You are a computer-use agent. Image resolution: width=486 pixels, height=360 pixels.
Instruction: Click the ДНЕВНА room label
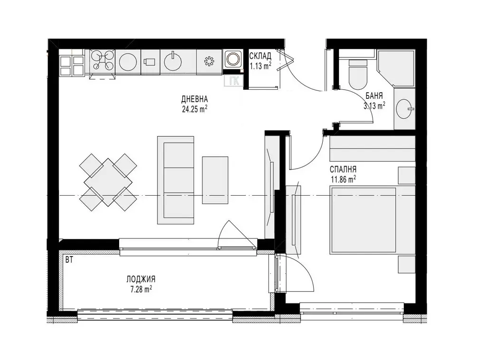point(194,99)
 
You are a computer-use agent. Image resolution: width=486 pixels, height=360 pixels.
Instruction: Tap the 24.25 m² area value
point(195,109)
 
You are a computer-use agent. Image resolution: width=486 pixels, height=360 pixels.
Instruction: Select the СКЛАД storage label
point(261,56)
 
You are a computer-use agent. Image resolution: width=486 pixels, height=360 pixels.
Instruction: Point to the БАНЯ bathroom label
point(374,95)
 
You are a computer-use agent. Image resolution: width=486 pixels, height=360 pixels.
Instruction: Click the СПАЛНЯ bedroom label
point(343,169)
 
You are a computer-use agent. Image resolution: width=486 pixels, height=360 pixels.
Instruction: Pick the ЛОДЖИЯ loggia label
point(140,279)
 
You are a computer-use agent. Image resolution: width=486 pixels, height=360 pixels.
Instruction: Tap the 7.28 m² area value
point(141,290)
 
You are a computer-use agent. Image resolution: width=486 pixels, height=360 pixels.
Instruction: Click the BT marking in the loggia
point(69,260)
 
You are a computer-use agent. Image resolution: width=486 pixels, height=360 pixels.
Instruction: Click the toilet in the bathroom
point(358,74)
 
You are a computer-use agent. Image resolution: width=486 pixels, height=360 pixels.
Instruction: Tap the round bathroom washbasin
point(405,109)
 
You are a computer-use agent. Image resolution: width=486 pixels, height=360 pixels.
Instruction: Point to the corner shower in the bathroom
point(396,68)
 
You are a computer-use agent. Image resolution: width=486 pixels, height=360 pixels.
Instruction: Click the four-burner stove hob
point(103,61)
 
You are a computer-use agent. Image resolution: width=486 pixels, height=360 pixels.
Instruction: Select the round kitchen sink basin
point(173,62)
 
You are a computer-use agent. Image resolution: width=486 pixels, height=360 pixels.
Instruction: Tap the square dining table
point(108,182)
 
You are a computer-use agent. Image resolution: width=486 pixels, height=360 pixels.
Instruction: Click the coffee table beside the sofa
point(215,180)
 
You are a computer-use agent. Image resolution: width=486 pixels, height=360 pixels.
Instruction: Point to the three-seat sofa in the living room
point(176,180)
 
